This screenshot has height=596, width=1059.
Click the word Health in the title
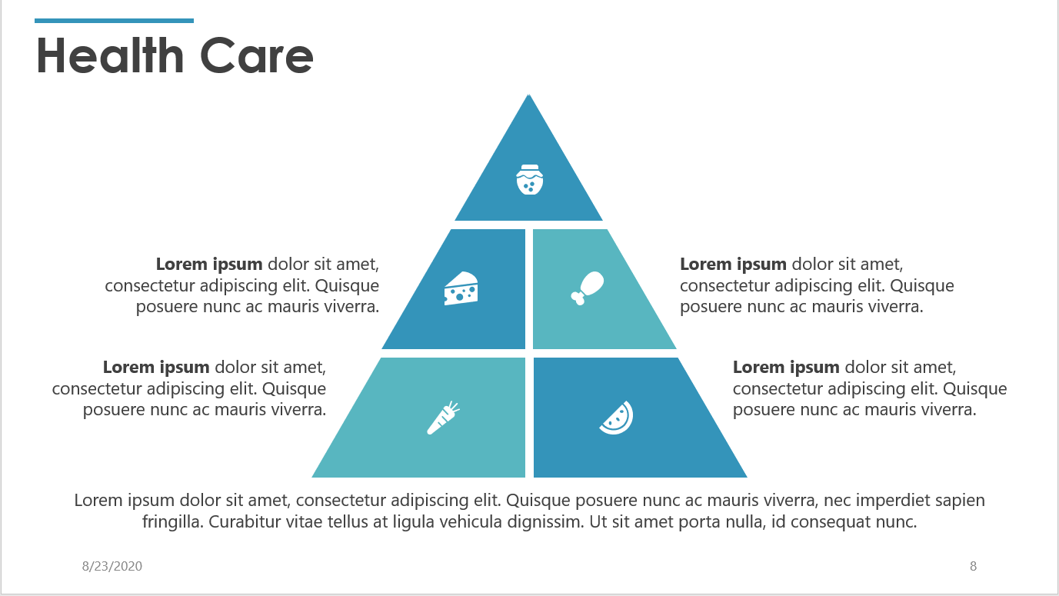(110, 55)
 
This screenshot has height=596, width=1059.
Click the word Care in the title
(256, 55)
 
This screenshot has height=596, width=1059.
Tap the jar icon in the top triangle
(529, 179)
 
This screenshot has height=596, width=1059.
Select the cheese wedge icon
(461, 288)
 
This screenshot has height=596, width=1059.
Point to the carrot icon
(443, 418)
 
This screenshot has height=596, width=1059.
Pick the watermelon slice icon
(617, 418)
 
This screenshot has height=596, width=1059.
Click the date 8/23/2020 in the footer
(112, 567)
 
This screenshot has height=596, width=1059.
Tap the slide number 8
(973, 567)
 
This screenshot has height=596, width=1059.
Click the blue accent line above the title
(114, 21)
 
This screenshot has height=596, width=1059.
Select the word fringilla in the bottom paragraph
(173, 523)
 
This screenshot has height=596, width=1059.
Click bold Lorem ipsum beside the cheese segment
(209, 265)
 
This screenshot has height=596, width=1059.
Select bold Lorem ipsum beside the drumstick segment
(733, 265)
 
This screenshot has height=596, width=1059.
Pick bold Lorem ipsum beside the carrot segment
(156, 368)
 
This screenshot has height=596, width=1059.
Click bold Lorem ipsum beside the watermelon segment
(786, 368)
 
